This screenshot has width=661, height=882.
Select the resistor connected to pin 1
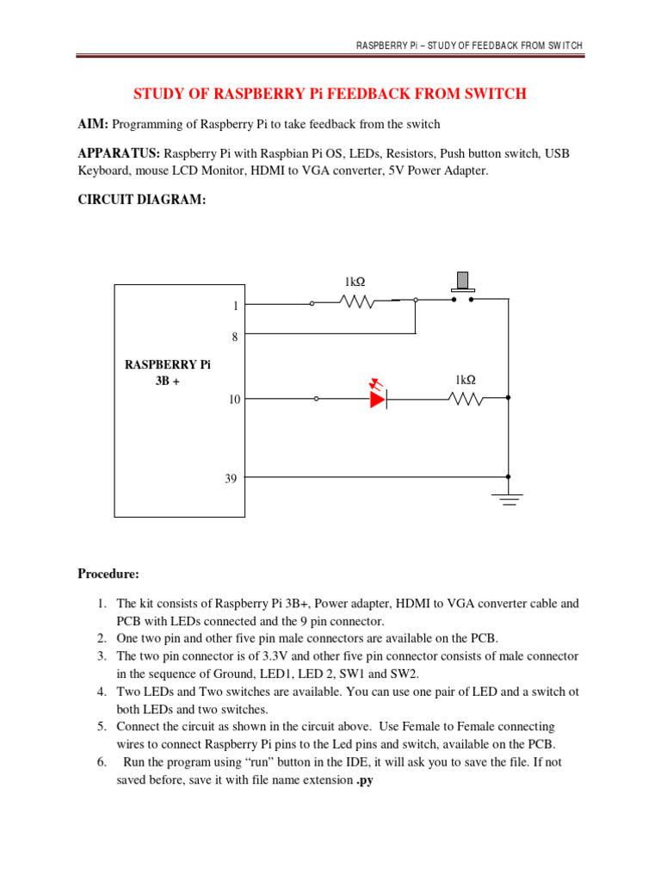(356, 301)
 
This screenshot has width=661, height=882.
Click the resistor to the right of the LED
(466, 398)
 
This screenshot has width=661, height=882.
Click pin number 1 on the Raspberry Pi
(234, 305)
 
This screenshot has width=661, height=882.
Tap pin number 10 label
(234, 400)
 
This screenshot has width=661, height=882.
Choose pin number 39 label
(231, 478)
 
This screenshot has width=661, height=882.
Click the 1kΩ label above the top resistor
(355, 282)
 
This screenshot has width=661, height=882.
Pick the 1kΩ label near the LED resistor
(466, 379)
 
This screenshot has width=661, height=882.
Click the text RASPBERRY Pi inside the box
(168, 364)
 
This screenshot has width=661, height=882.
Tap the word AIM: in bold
(94, 124)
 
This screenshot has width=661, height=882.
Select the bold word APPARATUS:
(119, 153)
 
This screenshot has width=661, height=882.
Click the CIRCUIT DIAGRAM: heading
(143, 200)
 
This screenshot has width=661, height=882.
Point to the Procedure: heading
(108, 574)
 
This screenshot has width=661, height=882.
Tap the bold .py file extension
(365, 780)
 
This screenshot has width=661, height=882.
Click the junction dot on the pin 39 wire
(509, 476)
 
